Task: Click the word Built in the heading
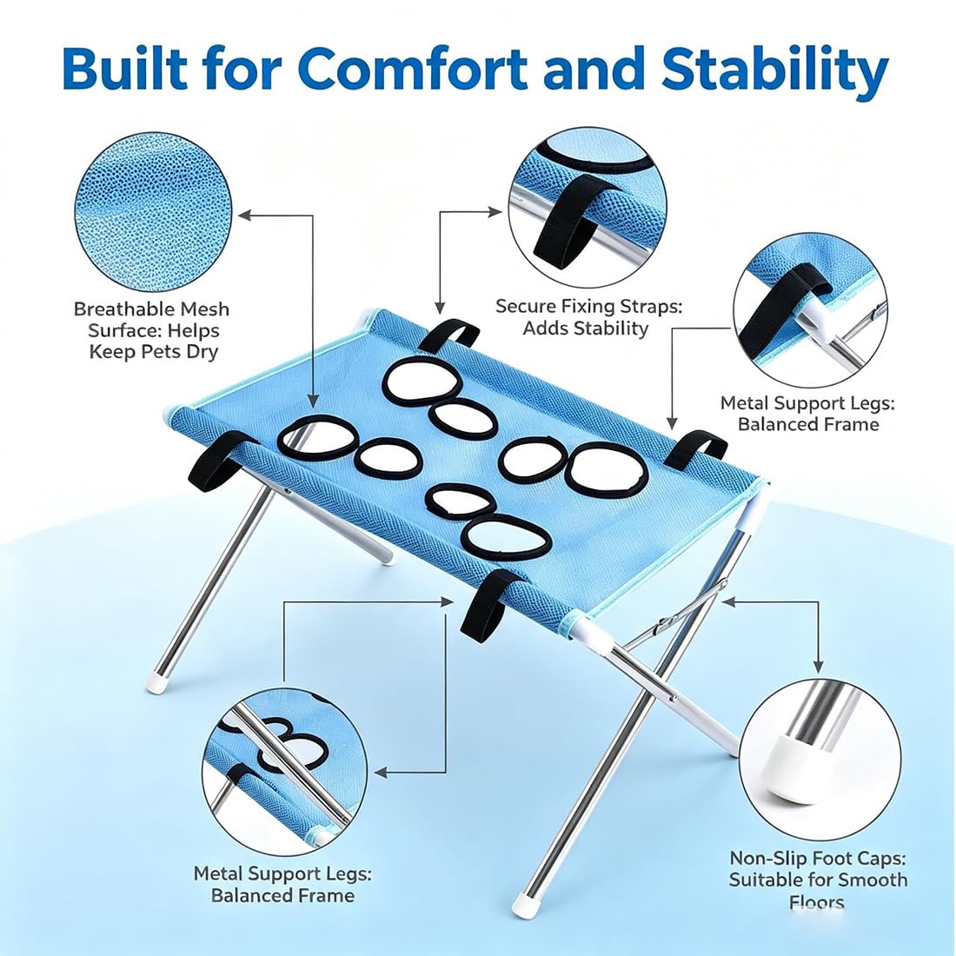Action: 122,68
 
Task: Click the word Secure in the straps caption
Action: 524,306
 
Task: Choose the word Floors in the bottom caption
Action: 817,902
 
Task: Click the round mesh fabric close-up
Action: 153,214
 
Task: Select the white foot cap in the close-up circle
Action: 791,764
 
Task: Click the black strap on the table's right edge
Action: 695,448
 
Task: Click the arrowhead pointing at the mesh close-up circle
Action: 244,215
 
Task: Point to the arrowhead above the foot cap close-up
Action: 818,667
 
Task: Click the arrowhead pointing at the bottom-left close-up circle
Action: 381,773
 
